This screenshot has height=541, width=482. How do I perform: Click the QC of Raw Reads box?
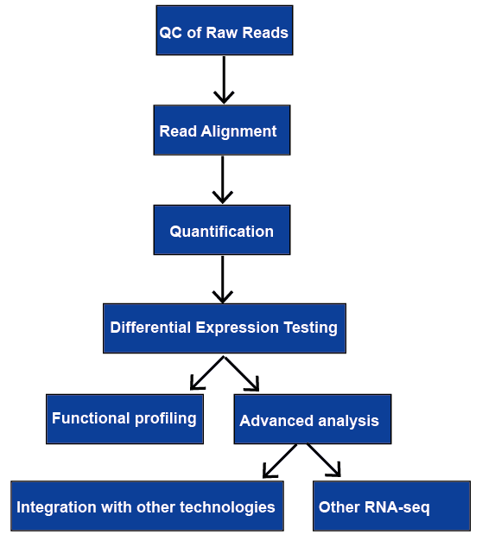coord(225,30)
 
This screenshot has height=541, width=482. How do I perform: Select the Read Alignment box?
coord(222,130)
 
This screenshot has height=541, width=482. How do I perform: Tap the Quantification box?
coord(222,230)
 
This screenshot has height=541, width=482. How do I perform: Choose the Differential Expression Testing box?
coord(225,328)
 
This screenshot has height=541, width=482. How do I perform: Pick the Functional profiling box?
coord(124,419)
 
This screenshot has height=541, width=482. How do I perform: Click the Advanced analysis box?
coord(313,419)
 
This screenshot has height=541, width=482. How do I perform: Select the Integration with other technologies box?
coord(147,506)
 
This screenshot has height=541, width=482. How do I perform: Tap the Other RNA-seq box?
coord(391,506)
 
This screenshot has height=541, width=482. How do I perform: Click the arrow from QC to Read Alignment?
coord(224,80)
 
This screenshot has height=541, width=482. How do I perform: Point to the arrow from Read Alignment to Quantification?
coord(223,180)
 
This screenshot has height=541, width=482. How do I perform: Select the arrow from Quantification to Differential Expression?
coord(223,279)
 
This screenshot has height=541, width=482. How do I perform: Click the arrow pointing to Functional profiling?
coord(207,373)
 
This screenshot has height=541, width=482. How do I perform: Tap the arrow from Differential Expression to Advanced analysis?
coord(242,373)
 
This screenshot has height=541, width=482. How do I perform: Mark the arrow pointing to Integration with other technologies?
coord(280,461)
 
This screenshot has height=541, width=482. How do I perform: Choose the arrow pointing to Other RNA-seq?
coord(324,461)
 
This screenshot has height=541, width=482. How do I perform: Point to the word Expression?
coord(238,328)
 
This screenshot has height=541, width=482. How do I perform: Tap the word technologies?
coord(227,507)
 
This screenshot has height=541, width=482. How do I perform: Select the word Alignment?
coord(238,132)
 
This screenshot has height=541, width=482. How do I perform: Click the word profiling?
coord(166,419)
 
